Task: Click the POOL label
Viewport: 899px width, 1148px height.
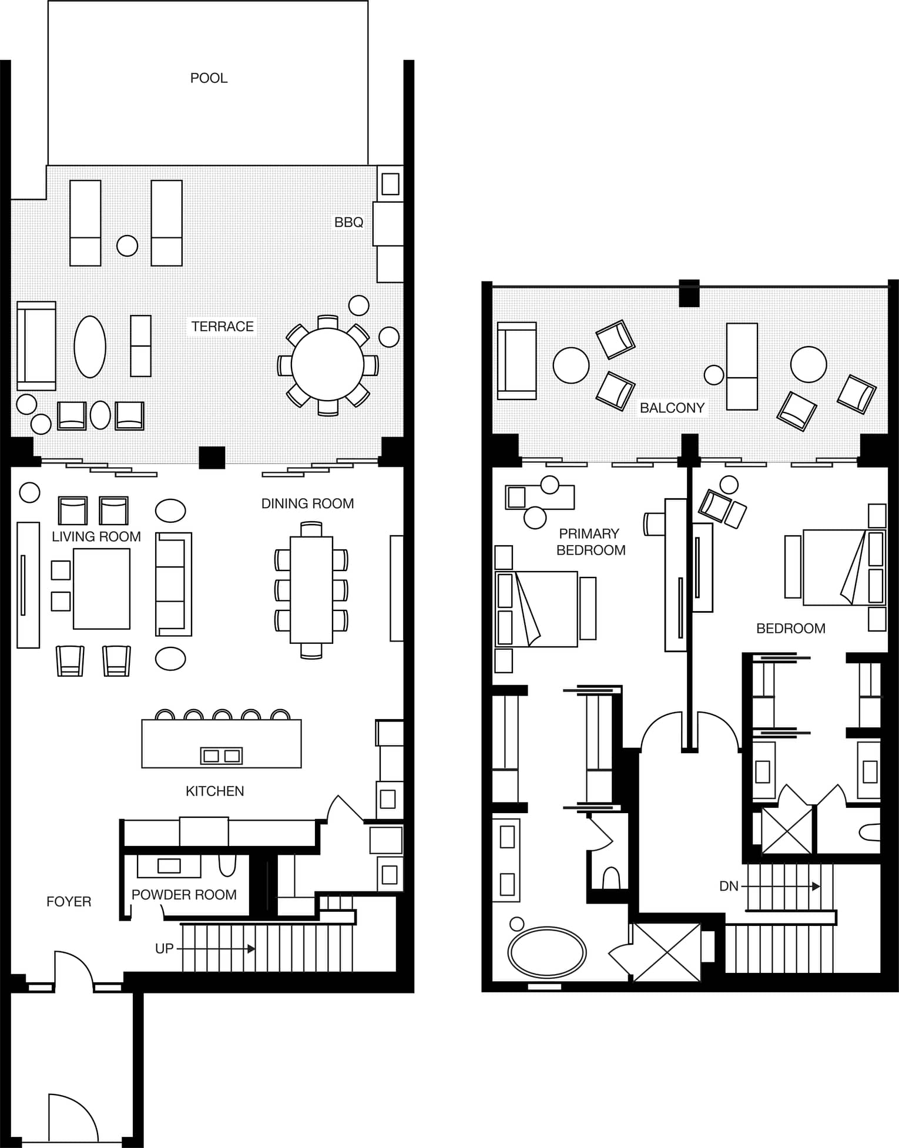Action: click(209, 78)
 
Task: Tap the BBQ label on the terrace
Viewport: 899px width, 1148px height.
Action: click(348, 222)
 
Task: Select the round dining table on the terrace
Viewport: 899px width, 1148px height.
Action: click(327, 365)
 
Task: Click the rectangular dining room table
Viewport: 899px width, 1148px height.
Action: click(311, 590)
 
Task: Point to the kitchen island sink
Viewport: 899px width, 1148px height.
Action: click(222, 756)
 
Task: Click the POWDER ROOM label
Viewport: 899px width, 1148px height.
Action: click(184, 895)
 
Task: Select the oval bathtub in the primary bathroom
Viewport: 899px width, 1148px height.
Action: click(547, 952)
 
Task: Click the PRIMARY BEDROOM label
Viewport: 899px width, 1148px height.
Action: click(591, 542)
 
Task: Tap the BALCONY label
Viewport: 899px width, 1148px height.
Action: click(672, 408)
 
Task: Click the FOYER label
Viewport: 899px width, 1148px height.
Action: click(69, 902)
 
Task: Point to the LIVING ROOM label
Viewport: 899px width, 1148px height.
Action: click(96, 536)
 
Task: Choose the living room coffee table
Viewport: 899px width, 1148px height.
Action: click(102, 589)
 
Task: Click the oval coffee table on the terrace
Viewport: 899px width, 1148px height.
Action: click(90, 347)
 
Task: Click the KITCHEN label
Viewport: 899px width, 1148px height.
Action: click(214, 791)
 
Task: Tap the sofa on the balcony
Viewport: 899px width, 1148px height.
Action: click(516, 361)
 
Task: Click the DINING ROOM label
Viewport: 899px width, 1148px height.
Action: click(307, 503)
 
